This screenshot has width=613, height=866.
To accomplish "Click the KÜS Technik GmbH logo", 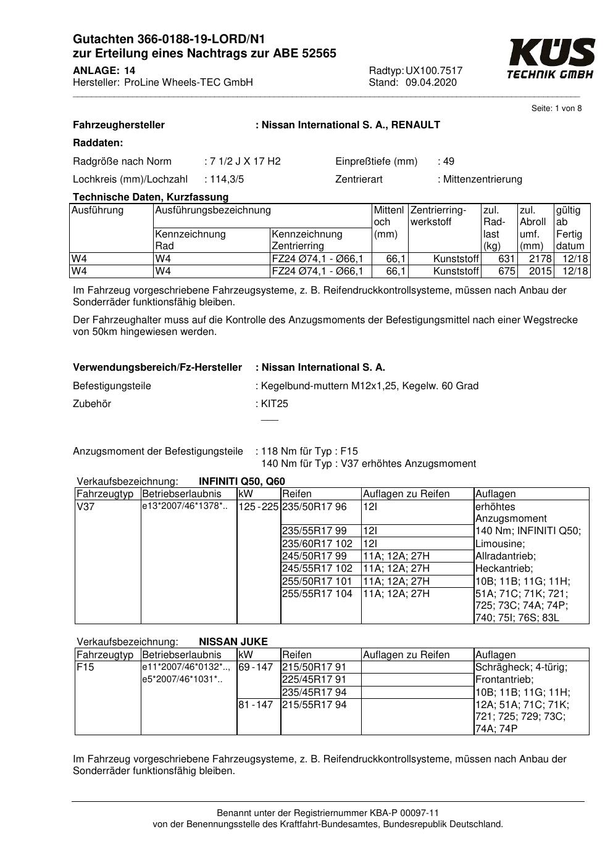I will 551,59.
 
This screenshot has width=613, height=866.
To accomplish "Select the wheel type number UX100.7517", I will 434,70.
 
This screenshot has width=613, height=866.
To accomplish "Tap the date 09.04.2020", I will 431,83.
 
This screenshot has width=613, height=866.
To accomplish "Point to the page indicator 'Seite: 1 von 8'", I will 556,109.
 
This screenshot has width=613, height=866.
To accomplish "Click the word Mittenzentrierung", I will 482,179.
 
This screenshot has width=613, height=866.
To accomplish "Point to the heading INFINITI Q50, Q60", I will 242,482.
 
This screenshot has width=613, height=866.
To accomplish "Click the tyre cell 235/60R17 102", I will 317,544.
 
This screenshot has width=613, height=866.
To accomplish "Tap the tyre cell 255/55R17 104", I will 317,594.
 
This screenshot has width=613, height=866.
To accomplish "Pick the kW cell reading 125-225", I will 259,507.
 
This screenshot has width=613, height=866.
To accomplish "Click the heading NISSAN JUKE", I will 233,641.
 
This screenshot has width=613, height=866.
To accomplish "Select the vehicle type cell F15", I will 85,667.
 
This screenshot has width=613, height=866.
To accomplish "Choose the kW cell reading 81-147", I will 256,704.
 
